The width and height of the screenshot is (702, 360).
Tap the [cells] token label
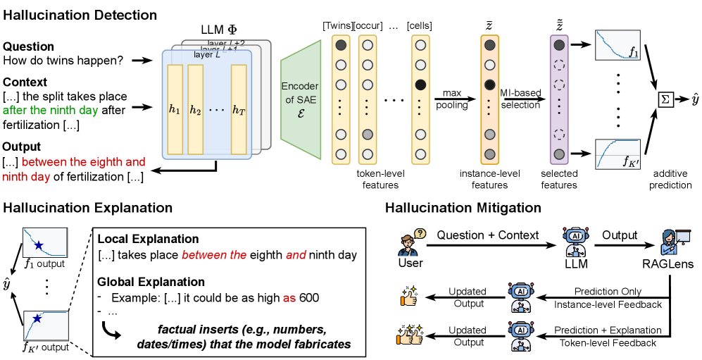pos(420,26)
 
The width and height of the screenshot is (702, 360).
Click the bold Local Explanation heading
pos(148,239)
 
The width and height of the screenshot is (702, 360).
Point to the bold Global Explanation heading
pos(151,282)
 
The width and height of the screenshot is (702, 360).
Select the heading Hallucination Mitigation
pos(463,208)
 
